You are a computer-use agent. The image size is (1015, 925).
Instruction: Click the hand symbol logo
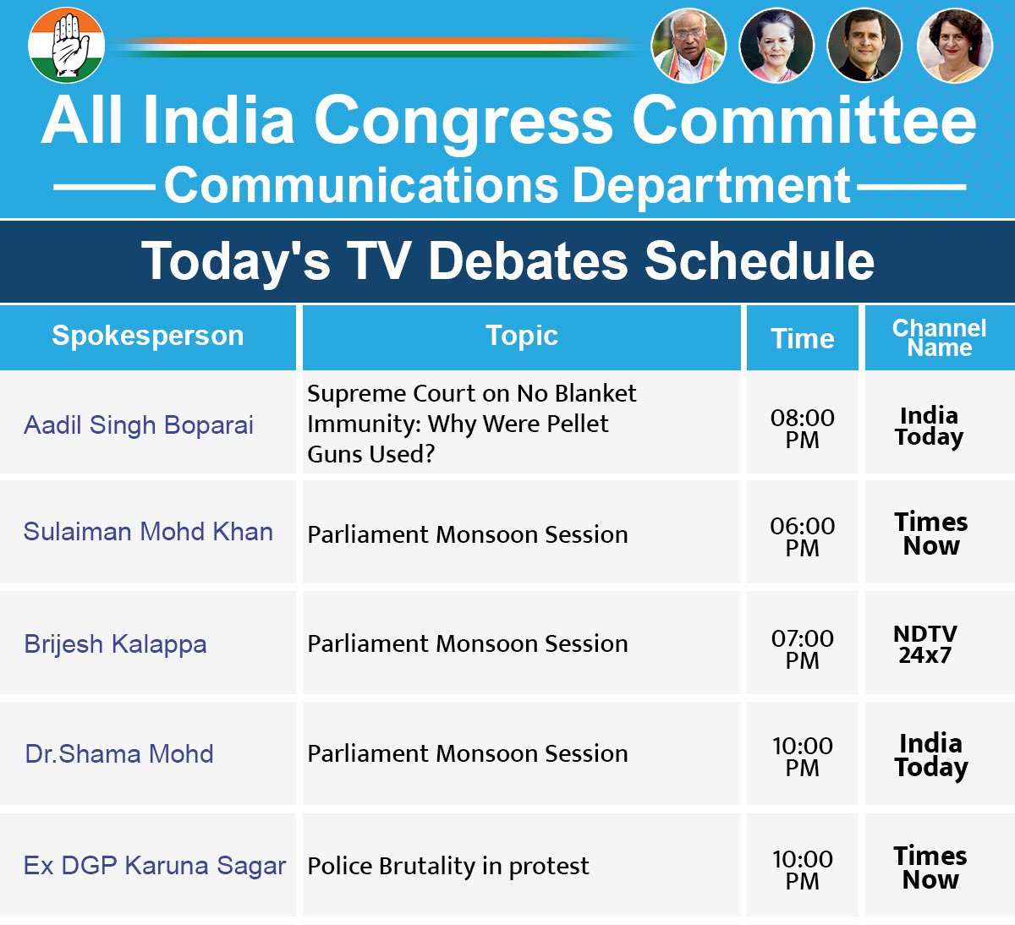[66, 45]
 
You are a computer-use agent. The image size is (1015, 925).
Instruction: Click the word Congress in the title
[464, 122]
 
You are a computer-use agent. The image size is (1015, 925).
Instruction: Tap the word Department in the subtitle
[711, 186]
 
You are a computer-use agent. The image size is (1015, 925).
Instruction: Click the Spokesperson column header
[148, 336]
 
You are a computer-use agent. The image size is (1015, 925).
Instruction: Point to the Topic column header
[522, 335]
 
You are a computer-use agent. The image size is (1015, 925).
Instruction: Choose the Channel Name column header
[939, 337]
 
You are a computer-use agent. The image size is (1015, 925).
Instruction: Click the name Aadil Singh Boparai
[139, 425]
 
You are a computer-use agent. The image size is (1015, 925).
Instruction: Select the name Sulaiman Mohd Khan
[148, 532]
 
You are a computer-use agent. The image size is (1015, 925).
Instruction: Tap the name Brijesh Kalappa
[115, 644]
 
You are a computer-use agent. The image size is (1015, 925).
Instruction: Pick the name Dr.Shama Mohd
[119, 754]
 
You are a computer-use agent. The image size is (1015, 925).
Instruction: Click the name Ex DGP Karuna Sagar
[155, 866]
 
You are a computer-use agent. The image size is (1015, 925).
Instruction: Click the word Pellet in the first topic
[580, 424]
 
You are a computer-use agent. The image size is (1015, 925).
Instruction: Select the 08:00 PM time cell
[803, 429]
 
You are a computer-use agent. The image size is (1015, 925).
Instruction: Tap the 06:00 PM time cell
[803, 537]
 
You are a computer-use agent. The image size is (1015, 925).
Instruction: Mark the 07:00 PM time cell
[803, 649]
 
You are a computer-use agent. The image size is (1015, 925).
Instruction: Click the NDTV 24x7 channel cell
[925, 644]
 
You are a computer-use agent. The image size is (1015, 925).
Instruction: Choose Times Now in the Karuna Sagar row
[930, 868]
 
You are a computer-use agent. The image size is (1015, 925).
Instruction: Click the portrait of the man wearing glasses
[689, 46]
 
